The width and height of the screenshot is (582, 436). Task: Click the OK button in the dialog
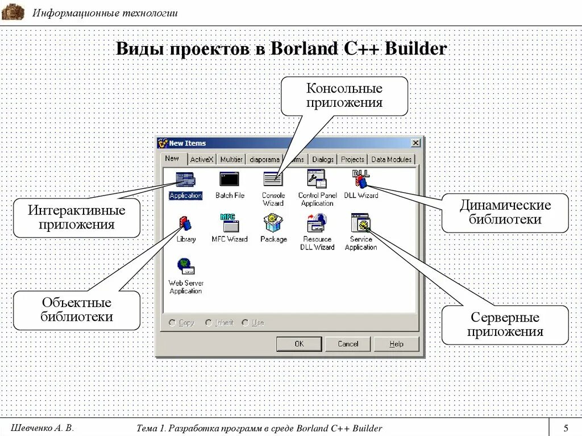coord(299,344)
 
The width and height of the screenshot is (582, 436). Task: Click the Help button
coord(396,344)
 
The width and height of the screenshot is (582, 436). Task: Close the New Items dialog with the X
coord(416,143)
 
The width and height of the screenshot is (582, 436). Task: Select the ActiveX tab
coord(202,160)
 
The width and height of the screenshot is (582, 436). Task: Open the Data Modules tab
coord(391,160)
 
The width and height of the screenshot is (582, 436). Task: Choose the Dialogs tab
coord(323,160)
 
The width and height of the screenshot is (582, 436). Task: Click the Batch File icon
coord(230,180)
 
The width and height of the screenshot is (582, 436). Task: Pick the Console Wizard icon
coord(273,180)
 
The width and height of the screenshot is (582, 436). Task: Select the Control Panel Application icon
coord(317,180)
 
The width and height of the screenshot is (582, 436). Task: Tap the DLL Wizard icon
coord(361,180)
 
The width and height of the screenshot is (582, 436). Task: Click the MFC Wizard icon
coord(230,223)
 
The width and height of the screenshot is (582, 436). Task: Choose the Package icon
coord(273,223)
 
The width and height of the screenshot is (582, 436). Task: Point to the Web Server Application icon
coord(186,267)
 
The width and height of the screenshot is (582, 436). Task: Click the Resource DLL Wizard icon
coord(317,223)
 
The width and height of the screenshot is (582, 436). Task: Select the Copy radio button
coord(172,323)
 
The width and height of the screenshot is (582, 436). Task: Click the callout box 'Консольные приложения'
coord(344,96)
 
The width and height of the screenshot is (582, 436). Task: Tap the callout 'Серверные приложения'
coord(505,325)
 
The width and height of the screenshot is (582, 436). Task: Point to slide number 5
coord(566,427)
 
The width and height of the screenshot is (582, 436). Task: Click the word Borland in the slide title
coord(304,49)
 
